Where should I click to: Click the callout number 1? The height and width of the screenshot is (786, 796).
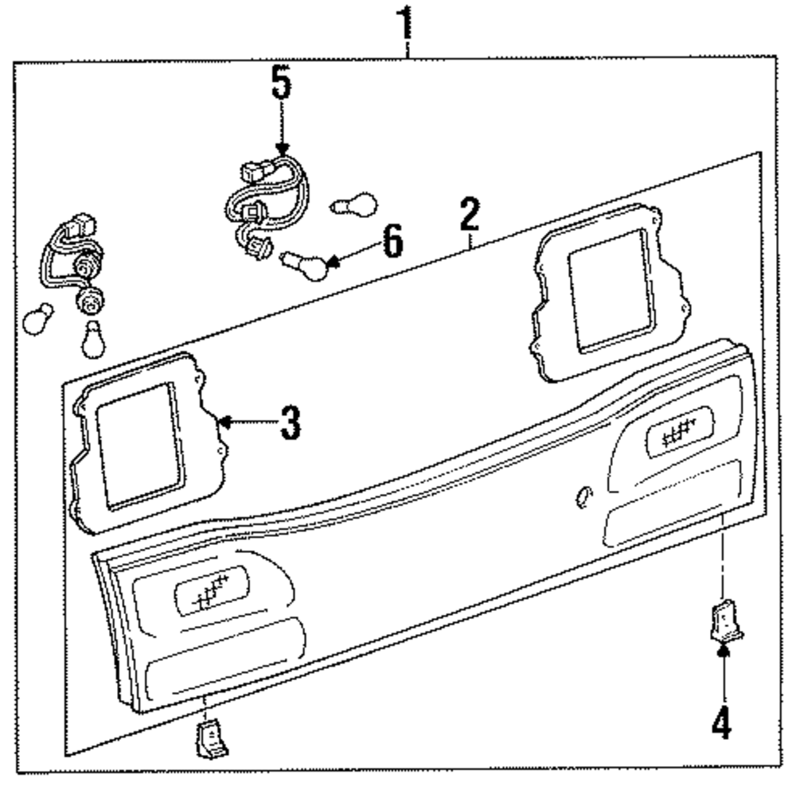click(x=406, y=24)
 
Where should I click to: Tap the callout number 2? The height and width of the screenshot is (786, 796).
click(x=470, y=216)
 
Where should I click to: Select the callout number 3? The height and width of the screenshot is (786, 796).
click(x=290, y=422)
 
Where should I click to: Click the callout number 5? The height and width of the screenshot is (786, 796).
click(x=281, y=84)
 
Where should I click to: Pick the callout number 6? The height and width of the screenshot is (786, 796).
click(x=392, y=241)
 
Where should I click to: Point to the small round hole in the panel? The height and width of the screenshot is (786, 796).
click(x=583, y=496)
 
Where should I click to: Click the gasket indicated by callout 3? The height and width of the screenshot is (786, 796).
click(x=139, y=446)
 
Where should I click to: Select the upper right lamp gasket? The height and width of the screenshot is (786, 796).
click(x=609, y=290)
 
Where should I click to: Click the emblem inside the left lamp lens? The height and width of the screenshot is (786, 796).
click(x=209, y=592)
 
